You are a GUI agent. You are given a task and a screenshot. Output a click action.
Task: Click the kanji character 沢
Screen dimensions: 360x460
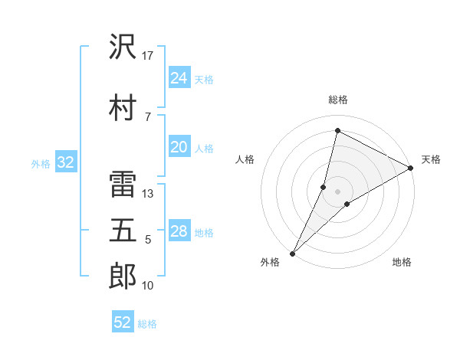pos(123,47)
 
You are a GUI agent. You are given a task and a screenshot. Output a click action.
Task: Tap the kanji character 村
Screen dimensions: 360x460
pos(123,106)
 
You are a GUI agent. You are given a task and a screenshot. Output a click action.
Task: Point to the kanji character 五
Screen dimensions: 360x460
pos(123,230)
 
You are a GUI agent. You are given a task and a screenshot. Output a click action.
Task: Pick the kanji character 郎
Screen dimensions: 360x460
pos(123,277)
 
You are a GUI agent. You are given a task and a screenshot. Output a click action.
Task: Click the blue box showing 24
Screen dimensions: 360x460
pos(179,78)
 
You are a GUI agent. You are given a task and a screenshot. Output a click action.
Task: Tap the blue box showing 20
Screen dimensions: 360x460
pos(179,148)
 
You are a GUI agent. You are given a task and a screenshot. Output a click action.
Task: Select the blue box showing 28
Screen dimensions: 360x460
pos(179,232)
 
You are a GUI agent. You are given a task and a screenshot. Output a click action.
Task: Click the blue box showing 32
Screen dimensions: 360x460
pos(65,162)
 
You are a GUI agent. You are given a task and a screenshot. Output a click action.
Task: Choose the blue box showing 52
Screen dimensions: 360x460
pos(123,322)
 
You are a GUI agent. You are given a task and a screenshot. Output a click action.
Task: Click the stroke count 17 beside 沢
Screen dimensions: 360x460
pos(148,56)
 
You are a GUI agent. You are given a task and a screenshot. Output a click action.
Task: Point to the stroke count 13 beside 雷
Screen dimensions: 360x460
pos(148,194)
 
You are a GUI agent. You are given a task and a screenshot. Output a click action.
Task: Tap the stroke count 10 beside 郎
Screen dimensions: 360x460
pos(148,286)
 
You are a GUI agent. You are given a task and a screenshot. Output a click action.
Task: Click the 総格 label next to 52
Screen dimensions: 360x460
pos(147,324)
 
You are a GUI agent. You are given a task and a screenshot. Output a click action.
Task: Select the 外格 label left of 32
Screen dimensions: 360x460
pos(40,163)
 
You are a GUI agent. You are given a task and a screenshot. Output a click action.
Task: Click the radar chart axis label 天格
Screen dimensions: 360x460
pos(431,159)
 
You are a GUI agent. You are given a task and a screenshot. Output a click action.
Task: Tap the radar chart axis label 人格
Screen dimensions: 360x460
pos(245,159)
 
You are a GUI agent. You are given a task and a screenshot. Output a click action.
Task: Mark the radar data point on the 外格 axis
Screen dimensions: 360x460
pos(292,253)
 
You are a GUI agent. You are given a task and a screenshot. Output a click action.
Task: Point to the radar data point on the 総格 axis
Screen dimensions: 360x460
pos(337,130)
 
